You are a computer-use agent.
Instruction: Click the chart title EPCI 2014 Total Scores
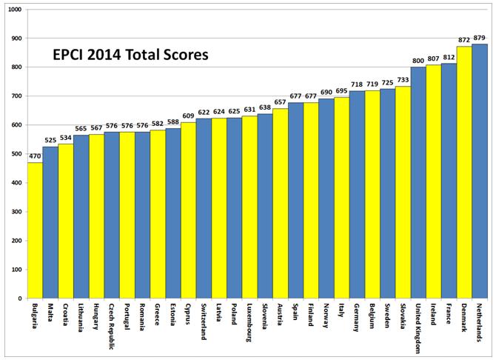tap(130, 55)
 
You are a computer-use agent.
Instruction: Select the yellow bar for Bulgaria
tap(35, 230)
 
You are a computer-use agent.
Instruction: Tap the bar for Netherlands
tap(480, 170)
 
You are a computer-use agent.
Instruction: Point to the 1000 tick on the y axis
tap(15, 10)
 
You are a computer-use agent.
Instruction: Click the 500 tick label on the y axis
tap(16, 154)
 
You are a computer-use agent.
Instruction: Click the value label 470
tap(35, 157)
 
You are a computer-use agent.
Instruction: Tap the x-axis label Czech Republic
tap(112, 325)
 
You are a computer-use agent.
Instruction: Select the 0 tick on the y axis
tap(20, 299)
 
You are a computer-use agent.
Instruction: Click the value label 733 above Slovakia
tap(403, 81)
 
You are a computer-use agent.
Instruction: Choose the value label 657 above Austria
tap(280, 103)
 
